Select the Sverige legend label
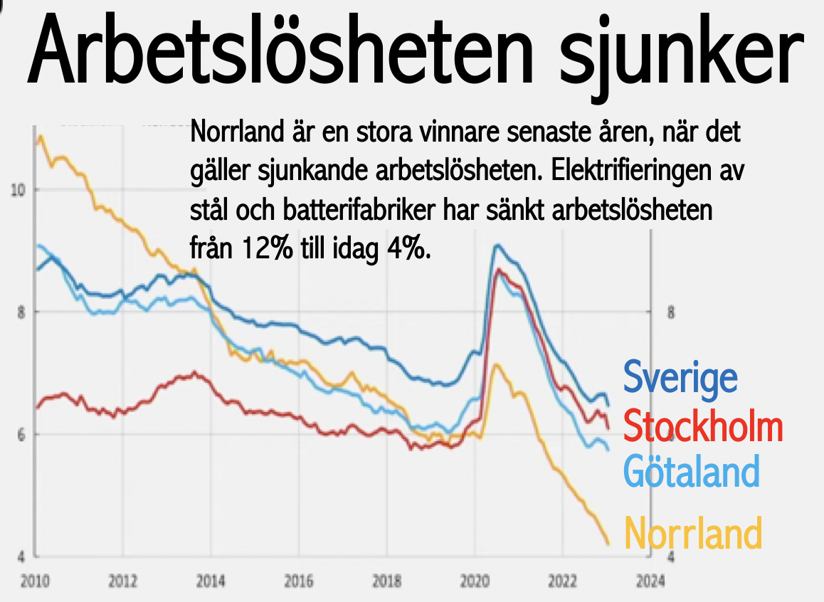680,377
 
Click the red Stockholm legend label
702,427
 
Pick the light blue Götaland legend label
691,470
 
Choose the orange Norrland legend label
693,533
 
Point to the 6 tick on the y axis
21,434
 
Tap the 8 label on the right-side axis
670,312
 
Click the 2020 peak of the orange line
497,364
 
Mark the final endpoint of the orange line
608,544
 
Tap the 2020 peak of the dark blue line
497,245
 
